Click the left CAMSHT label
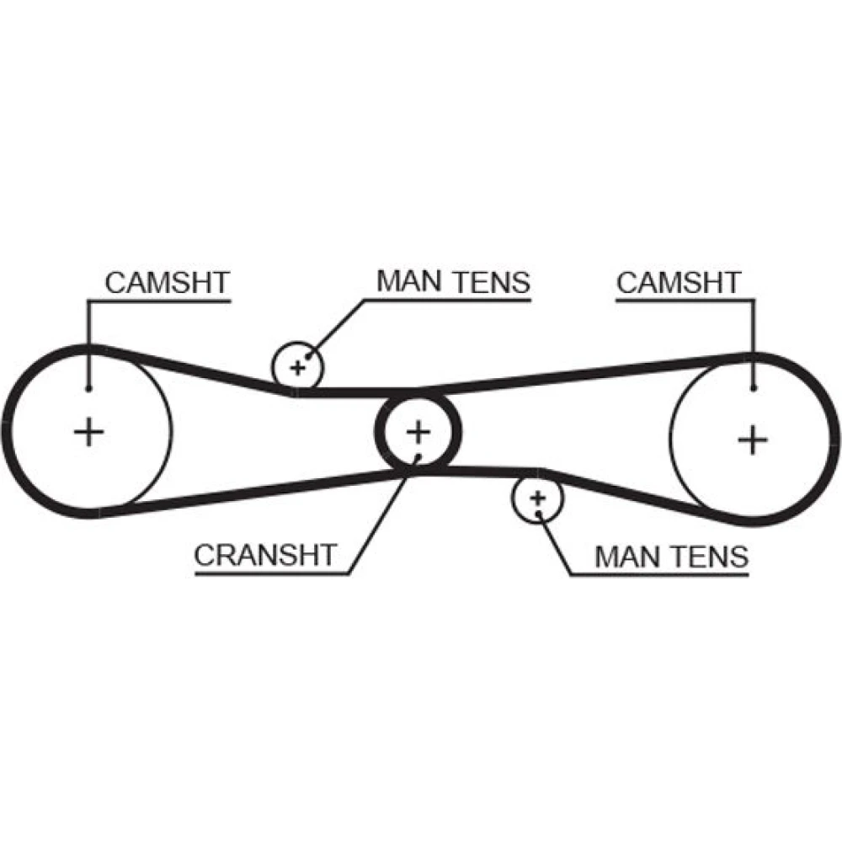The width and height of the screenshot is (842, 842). coord(167,283)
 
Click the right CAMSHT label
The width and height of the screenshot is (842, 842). coord(679,283)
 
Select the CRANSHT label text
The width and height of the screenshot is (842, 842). coord(265,555)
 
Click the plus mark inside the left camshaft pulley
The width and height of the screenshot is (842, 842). coord(88,432)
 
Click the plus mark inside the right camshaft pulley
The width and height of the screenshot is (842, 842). coord(752,439)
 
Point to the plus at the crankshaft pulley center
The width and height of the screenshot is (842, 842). coord(418,432)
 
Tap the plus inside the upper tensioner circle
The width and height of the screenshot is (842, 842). coord(297,367)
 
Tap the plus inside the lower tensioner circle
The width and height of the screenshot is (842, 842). coord(537,498)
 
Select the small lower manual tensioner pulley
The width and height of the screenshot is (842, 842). coord(537,498)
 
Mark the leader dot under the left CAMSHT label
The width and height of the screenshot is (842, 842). coord(88,388)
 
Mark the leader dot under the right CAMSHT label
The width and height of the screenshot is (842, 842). coord(754,388)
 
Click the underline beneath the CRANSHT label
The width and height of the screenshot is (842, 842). coord(269,575)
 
